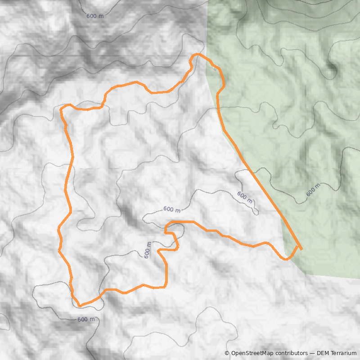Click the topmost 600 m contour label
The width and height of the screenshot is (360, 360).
[x=95, y=16]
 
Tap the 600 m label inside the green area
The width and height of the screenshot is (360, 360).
[x=313, y=190]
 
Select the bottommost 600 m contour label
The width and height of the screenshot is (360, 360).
[x=86, y=319]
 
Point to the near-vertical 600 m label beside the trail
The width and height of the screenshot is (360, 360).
[x=148, y=250]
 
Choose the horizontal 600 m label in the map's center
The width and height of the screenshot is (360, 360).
[x=172, y=210]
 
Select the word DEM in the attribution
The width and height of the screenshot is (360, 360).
[x=324, y=353]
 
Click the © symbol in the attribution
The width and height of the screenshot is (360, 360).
[x=227, y=353]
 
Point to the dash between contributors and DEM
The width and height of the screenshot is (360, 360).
[x=312, y=353]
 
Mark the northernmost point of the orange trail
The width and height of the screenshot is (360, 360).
[x=197, y=54]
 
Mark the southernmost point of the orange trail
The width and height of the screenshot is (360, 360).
[x=80, y=306]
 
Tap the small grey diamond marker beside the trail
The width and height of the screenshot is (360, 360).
[x=215, y=69]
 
